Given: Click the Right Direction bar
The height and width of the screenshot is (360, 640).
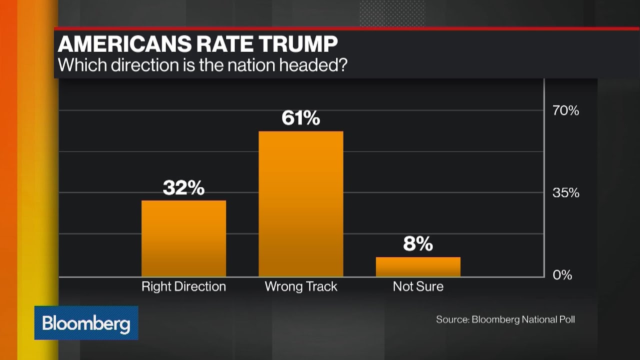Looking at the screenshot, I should pos(183,238).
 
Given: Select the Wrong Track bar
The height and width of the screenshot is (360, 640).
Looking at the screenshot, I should pos(300,204).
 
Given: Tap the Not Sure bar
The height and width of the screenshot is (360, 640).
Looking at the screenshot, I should pos(418,266).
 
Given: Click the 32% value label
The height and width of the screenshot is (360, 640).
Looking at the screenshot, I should pos(183,188).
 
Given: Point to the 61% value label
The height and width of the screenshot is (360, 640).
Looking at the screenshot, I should pos(300,118).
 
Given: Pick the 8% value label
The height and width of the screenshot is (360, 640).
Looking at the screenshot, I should pos(418,244).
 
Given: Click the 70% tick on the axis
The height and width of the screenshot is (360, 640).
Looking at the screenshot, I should pos(565,110).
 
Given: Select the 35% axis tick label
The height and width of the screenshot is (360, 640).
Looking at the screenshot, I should pos(565,192).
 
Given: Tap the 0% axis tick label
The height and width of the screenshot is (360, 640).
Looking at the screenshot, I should pos(562,275).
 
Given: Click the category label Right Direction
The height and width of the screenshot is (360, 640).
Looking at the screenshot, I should pos(183,286).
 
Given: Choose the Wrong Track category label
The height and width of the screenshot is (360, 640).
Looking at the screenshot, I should pos(300,286).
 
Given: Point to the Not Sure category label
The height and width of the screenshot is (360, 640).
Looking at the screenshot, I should pos(418,286).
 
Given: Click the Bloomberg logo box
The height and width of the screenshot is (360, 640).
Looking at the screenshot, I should pos(86,323).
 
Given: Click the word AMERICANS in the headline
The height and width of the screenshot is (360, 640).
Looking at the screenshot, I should pos(124,44).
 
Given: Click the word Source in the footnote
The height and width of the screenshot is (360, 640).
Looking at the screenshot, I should pos(451,319).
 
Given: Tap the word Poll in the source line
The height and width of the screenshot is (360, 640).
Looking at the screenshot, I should pos(566,319).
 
